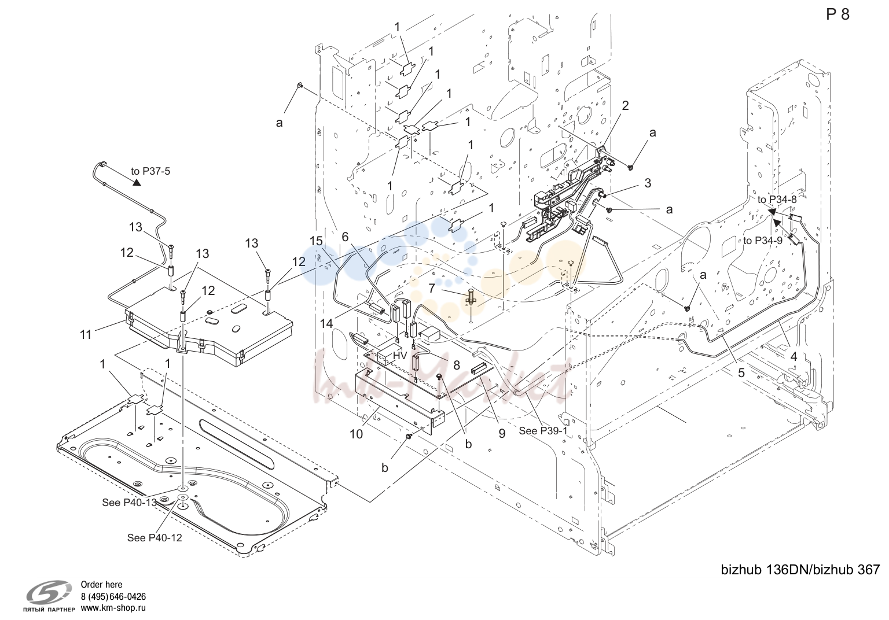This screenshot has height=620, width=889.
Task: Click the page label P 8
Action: pos(838,14)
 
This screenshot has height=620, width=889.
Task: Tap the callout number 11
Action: pos(86,335)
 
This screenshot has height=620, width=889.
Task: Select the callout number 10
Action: pos(356,434)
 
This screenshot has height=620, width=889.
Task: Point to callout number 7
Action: pos(431,287)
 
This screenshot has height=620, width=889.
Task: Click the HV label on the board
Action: pos(400,356)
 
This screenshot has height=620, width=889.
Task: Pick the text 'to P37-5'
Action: pos(150,171)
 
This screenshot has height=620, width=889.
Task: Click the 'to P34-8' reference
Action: pos(777,200)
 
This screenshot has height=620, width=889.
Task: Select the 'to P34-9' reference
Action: pos(762,241)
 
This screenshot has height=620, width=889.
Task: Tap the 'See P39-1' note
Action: pos(543,431)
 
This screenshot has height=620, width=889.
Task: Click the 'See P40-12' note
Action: pos(155,538)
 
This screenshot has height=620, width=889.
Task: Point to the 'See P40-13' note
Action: pos(130,502)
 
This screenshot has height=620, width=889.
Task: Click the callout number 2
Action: pos(626,105)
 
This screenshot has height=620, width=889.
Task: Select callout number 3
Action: pos(648,183)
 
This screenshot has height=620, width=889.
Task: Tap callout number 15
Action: pos(317,241)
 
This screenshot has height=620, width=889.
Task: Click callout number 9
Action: pos(502,434)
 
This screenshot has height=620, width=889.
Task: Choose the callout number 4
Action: pos(794,357)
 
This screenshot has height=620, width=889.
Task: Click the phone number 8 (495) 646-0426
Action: pos(113,596)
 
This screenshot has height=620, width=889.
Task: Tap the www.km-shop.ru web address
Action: pos(113,608)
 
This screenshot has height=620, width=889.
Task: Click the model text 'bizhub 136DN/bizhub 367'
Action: pos(800,570)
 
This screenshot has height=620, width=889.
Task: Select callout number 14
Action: pos(326,324)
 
